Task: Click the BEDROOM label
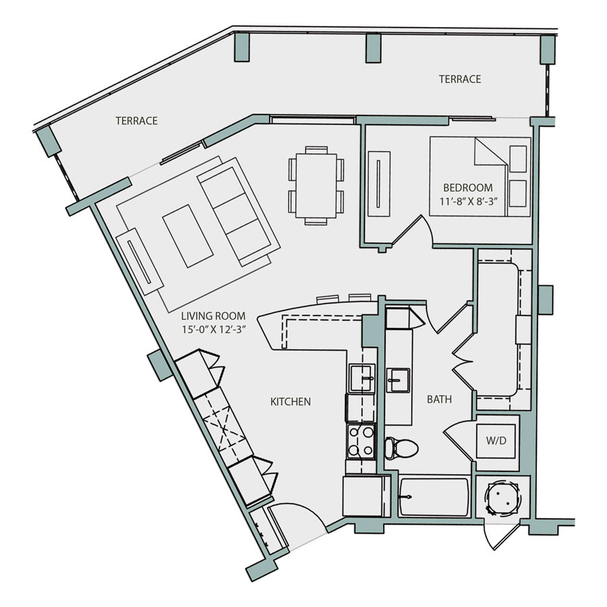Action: tap(467, 187)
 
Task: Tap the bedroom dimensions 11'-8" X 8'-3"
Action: tap(468, 201)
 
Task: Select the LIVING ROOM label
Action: tap(213, 316)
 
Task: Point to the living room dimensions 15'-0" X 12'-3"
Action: tap(214, 329)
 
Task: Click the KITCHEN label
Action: tap(290, 402)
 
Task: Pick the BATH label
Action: tap(439, 399)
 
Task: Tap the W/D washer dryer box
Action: tap(496, 441)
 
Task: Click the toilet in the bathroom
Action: tap(401, 449)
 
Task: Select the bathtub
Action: tap(434, 497)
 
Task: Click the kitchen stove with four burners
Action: tap(361, 442)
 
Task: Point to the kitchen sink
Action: tap(362, 378)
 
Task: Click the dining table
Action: tap(316, 186)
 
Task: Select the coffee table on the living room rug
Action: tap(187, 236)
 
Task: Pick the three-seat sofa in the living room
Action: tap(239, 212)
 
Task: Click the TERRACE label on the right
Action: tap(460, 79)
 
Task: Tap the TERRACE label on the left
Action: tap(137, 121)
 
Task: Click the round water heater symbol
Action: tap(502, 498)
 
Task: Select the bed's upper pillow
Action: tap(517, 158)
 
